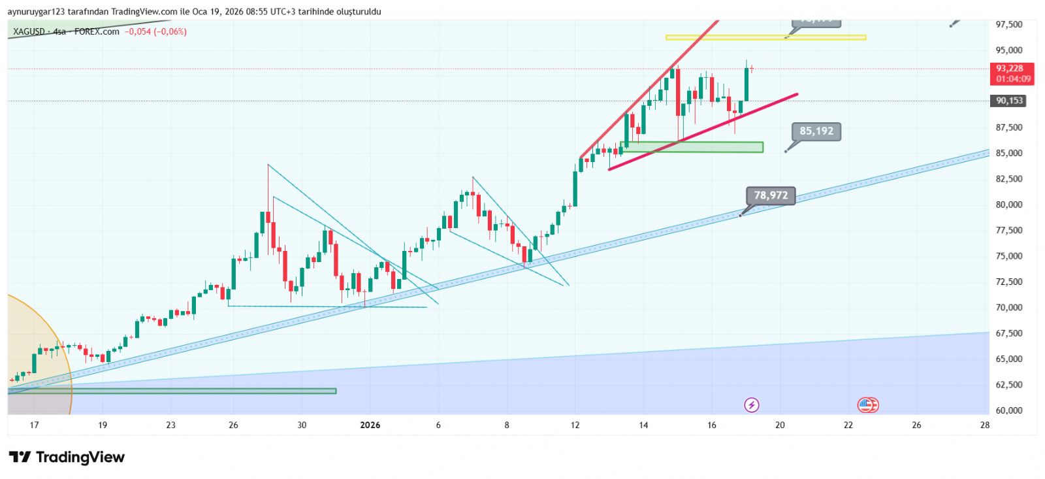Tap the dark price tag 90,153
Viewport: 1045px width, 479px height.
pos(1009,101)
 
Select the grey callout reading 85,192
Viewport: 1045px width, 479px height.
pos(816,131)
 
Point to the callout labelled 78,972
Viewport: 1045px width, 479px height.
pos(771,195)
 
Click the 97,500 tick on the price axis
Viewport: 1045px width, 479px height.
pos(1008,24)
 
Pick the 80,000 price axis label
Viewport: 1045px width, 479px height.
pos(1008,205)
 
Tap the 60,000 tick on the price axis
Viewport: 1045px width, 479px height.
pos(1008,410)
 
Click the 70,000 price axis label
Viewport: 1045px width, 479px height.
pos(1008,307)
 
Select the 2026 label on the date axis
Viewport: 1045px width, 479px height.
pos(370,425)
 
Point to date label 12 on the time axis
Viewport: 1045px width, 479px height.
pos(575,425)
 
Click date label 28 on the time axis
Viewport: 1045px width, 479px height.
pos(984,425)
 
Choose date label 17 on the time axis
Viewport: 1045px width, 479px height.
pos(34,425)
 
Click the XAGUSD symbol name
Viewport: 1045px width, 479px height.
pos(29,31)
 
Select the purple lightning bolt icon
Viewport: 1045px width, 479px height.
pos(751,405)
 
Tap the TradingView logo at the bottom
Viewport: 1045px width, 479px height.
pos(67,457)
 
